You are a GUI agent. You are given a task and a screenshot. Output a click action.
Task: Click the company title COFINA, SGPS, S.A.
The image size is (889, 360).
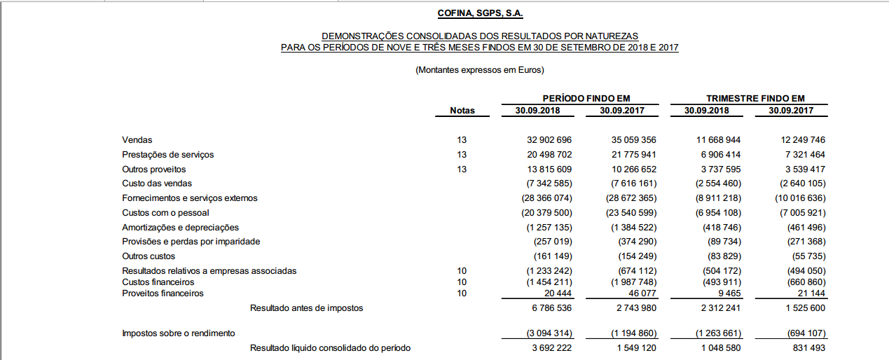tap(480, 13)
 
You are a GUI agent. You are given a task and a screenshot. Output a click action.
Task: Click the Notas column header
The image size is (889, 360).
tap(462, 111)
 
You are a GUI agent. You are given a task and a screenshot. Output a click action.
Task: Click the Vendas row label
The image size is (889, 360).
tap(137, 140)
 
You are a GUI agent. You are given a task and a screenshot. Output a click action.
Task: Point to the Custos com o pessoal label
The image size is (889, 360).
tap(165, 212)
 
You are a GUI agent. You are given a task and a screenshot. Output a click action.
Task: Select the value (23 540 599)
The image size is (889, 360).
tap(633, 213)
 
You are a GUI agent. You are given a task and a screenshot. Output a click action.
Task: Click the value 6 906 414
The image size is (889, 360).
tap(716, 155)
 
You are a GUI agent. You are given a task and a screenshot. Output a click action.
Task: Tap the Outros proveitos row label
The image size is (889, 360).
tap(153, 169)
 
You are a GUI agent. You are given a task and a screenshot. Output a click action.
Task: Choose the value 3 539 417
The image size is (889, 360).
tap(800, 169)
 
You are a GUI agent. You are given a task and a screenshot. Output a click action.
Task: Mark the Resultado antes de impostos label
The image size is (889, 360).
tap(306, 307)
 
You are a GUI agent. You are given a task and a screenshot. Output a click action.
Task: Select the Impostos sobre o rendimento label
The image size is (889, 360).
tap(178, 333)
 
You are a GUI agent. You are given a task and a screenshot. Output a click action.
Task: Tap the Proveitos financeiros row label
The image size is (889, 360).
tap(163, 293)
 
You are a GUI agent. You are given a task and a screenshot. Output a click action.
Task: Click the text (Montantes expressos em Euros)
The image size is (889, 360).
tap(480, 70)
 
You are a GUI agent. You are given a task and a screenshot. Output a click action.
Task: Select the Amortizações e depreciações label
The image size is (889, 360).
tap(180, 228)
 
